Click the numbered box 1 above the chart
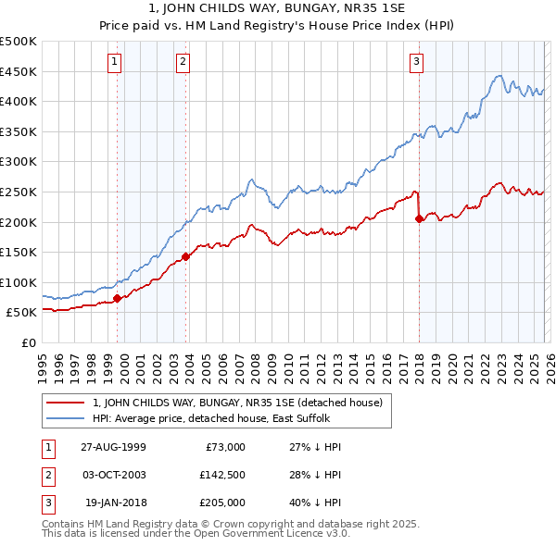(114, 62)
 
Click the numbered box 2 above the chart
(183, 62)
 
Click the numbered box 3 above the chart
(416, 62)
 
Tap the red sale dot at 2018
(420, 219)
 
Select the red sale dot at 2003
(185, 256)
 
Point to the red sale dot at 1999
(118, 298)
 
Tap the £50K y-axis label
(22, 313)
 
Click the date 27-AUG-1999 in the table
(113, 447)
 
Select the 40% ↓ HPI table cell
(309, 503)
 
